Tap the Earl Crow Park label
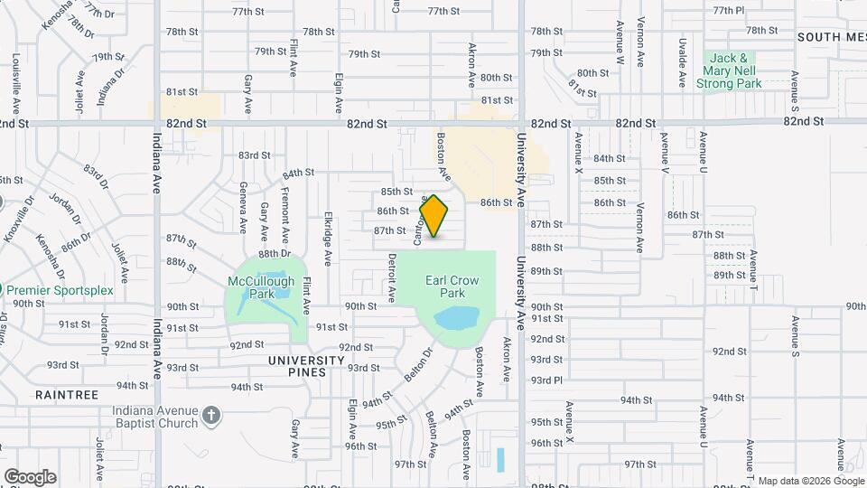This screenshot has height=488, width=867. point(445,286)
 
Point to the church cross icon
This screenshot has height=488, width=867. point(211,416)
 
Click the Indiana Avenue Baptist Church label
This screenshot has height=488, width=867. point(155,417)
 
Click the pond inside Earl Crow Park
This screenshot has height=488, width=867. point(456,319)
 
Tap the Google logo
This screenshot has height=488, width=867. point(30,476)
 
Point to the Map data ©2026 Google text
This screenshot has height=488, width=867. point(810,481)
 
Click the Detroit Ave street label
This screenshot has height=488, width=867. point(392,277)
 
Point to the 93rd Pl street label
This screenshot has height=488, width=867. point(546,380)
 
